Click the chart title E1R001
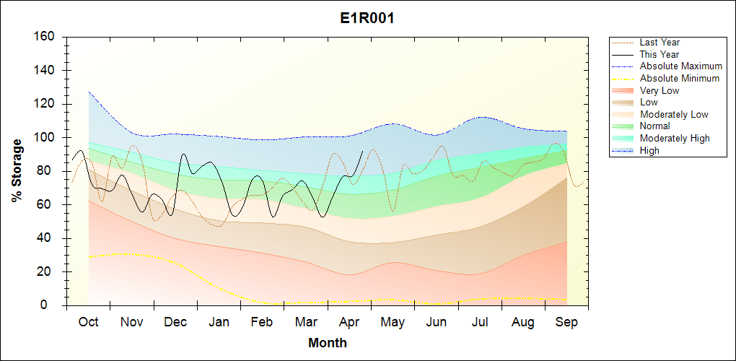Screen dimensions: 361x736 coord(367,18)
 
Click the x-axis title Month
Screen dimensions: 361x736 coord(327,343)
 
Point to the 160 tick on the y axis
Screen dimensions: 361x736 coord(43,37)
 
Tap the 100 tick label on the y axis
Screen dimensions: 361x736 coord(43,138)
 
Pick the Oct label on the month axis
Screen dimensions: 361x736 coord(88,323)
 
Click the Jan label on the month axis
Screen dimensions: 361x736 coord(219,323)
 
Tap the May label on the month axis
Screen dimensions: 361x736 coord(393,323)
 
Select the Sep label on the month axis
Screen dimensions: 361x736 coord(566,323)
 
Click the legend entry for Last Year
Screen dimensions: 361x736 coord(660,43)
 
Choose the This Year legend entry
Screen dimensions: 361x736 coord(659,54)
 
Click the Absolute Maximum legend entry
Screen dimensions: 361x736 coord(680,66)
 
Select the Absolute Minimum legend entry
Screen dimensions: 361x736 coord(679,79)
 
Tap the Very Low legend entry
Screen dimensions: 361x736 coord(659,90)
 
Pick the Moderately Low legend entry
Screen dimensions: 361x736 coord(674,115)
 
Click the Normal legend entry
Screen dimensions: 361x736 coord(654,126)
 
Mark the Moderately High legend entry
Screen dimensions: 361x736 coord(675,139)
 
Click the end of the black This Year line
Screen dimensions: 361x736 coord(362,152)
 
